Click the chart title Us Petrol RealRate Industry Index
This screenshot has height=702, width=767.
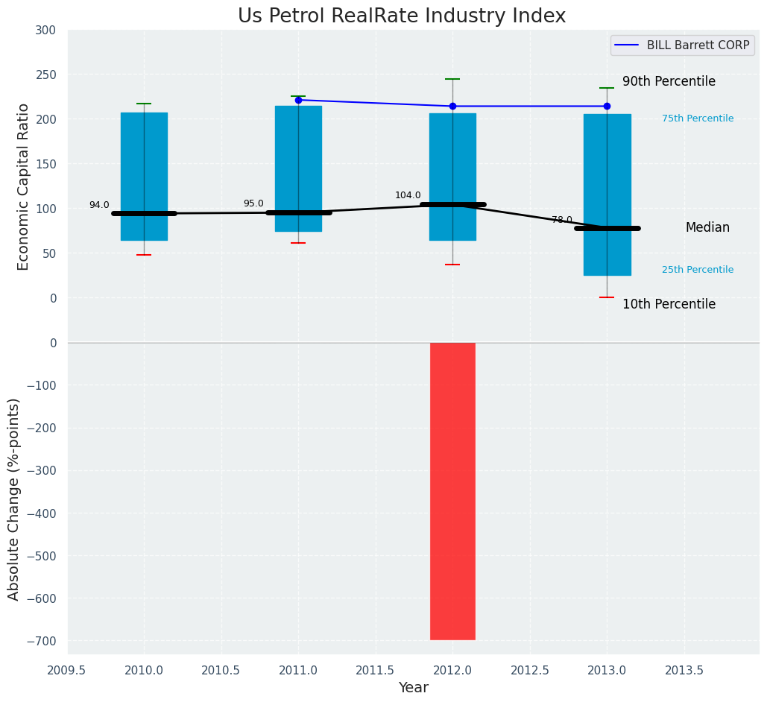pyautogui.click(x=402, y=16)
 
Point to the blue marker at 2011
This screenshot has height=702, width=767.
pyautogui.click(x=298, y=100)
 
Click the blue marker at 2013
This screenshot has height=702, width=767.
pyautogui.click(x=607, y=107)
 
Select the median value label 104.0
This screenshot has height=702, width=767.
pyautogui.click(x=408, y=195)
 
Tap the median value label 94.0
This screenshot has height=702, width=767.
pyautogui.click(x=99, y=205)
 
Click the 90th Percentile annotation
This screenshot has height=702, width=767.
pyautogui.click(x=669, y=82)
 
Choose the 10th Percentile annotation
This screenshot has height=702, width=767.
pyautogui.click(x=669, y=304)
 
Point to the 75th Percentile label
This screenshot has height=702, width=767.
pyautogui.click(x=698, y=118)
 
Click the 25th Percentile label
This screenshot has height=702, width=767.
pyautogui.click(x=698, y=270)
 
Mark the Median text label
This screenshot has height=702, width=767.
pyautogui.click(x=707, y=228)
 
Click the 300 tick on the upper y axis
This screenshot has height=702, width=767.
pyautogui.click(x=45, y=30)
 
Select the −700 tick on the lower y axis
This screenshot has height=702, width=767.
pyautogui.click(x=41, y=641)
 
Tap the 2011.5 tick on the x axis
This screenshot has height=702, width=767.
pyautogui.click(x=375, y=670)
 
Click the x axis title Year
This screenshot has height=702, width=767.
pyautogui.click(x=413, y=688)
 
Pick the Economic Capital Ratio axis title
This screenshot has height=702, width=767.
pyautogui.click(x=23, y=186)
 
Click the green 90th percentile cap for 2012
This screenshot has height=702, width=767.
pyautogui.click(x=452, y=79)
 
